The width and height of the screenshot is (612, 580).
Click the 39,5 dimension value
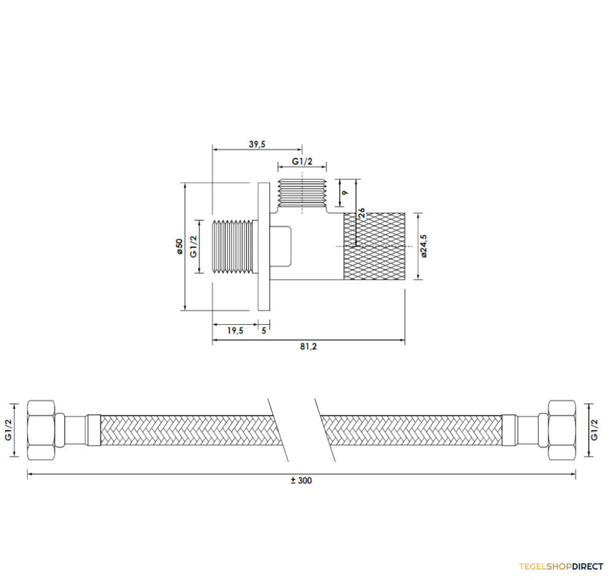pyautogui.click(x=257, y=144)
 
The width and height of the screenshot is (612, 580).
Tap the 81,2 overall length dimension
pyautogui.click(x=308, y=346)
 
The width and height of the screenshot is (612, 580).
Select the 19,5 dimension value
pyautogui.click(x=235, y=330)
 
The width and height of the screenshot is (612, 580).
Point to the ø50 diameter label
pyautogui.click(x=179, y=247)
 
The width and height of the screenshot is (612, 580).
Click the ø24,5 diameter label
pyautogui.click(x=424, y=246)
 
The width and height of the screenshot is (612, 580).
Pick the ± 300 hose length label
pyautogui.click(x=301, y=480)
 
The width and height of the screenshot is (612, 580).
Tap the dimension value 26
pyautogui.click(x=362, y=213)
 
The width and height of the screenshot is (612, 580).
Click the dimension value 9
pyautogui.click(x=345, y=193)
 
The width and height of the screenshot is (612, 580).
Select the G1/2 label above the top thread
pyautogui.click(x=302, y=161)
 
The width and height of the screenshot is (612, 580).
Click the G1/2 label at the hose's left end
pyautogui.click(x=9, y=429)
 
